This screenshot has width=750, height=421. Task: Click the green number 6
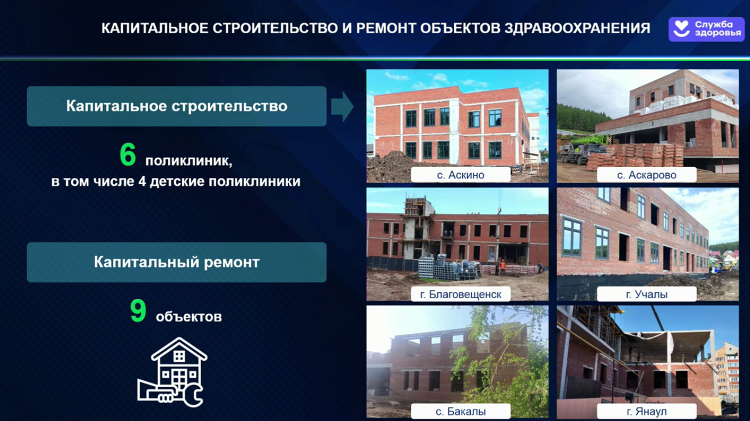pos(127,155)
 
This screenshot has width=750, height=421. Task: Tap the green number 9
pos(138,310)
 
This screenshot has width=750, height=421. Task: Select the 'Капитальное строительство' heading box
pos(176,106)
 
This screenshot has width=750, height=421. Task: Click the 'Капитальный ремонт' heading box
pos(176,262)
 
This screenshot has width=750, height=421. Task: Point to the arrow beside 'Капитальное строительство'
pos(342,106)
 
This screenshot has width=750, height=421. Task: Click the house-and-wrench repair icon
pos(172,372)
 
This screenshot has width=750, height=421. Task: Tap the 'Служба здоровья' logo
pos(706,29)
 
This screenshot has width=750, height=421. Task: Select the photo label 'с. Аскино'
pos(460,175)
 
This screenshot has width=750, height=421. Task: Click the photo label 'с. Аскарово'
pos(646,175)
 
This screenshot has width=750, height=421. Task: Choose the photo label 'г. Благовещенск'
pos(460,294)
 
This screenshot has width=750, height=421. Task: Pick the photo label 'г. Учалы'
pos(646,294)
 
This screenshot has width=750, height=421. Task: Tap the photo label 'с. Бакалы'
pos(460,411)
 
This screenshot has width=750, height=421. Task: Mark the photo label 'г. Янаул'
pos(646,411)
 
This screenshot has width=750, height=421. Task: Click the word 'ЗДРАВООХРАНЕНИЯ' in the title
pos(577,28)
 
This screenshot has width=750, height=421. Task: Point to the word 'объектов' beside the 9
pos(189,317)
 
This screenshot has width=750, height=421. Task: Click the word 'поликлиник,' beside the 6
pos(188,161)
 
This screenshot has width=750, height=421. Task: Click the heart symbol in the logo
pos(681,29)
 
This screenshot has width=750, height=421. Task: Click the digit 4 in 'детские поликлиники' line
pos(142,182)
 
